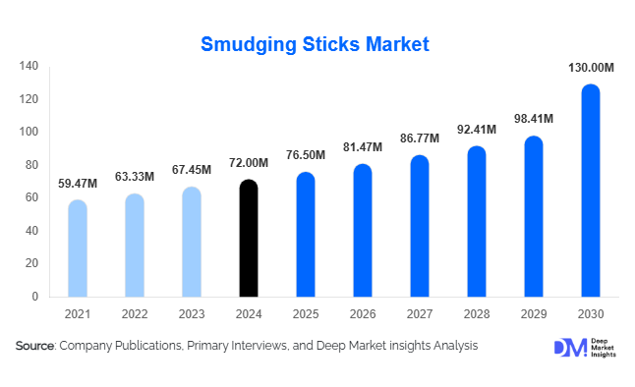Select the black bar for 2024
coord(249,238)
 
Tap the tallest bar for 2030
coord(590,191)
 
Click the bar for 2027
coord(420,226)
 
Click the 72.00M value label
coord(249,163)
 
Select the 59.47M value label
coord(78,184)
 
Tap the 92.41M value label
coord(476,129)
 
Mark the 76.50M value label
coord(306,155)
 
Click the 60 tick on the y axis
coord(32,197)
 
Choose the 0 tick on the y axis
coord(35,296)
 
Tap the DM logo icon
coord(569,348)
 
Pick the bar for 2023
coord(192,242)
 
